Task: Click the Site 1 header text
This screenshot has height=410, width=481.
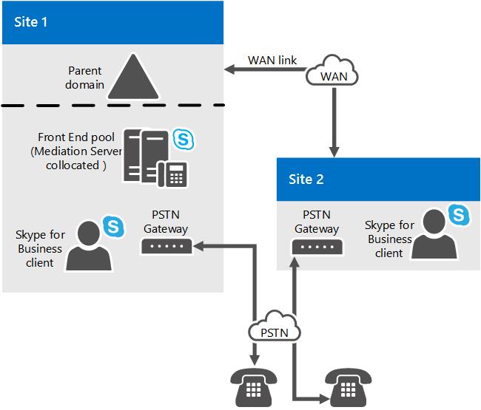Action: (30, 22)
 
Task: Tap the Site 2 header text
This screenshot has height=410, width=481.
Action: (306, 179)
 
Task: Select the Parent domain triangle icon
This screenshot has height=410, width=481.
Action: (133, 77)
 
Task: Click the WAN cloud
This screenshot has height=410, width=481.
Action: (332, 70)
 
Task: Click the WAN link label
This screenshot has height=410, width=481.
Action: (272, 61)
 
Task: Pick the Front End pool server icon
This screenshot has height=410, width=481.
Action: (146, 156)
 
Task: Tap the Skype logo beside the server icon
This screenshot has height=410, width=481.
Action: (183, 140)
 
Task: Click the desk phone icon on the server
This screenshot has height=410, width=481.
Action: (172, 174)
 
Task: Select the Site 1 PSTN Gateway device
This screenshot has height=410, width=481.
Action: (166, 246)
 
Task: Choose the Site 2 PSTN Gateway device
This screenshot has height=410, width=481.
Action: (317, 247)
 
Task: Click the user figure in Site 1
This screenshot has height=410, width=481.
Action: (89, 245)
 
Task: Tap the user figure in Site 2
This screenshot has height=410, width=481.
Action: (434, 234)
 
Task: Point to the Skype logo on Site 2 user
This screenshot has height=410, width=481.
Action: (459, 215)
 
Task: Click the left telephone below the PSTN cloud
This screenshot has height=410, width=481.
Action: (254, 387)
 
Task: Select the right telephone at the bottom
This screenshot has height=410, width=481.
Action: (349, 387)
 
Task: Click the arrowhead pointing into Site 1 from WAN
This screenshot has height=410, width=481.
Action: (229, 69)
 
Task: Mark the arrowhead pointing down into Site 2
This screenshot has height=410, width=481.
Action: (334, 152)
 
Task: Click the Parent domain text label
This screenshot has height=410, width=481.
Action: (84, 78)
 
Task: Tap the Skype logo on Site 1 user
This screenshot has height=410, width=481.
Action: (113, 227)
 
